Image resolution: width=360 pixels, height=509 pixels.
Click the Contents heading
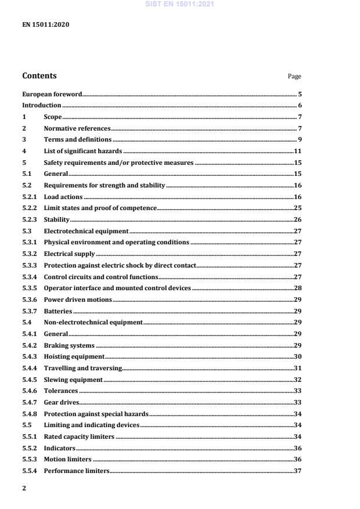39,75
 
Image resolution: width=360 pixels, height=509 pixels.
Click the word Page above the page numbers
294,76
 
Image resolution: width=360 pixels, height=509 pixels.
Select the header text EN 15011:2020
42,26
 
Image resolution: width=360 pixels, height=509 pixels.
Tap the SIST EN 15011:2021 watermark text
179,4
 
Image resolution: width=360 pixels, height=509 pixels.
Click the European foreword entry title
52,94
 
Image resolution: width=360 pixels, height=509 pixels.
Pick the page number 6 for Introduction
299,105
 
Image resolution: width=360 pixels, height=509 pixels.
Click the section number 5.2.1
30,197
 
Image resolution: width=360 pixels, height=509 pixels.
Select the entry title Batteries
58,311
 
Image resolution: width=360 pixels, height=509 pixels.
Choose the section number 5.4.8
30,413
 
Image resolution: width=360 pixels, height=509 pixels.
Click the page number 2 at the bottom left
24,489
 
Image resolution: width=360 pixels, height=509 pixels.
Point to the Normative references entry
77,128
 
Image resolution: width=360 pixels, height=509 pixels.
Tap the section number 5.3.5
30,288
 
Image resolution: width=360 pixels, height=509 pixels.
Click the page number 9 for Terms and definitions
299,139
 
